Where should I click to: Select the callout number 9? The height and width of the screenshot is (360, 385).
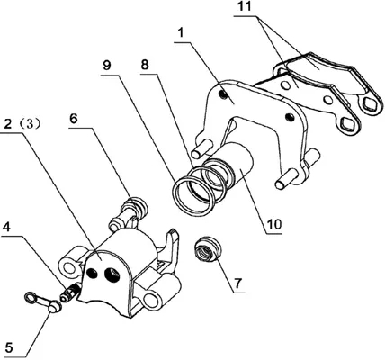(x=107, y=66)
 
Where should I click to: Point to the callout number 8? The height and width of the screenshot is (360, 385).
(x=145, y=64)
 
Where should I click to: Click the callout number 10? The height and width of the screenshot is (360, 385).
(x=273, y=224)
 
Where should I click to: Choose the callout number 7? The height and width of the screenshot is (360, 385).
(x=237, y=283)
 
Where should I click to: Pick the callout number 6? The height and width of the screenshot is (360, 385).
(x=74, y=119)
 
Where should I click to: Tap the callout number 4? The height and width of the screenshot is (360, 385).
(x=6, y=227)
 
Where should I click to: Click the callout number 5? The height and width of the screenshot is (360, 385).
(x=9, y=348)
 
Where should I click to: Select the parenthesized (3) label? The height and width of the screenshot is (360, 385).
(x=29, y=124)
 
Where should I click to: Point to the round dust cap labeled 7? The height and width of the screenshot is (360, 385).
(x=208, y=249)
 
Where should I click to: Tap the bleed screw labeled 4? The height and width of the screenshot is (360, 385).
(x=69, y=292)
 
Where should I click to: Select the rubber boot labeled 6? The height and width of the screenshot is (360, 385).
(x=129, y=211)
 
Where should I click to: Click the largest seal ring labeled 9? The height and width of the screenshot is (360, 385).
(x=192, y=196)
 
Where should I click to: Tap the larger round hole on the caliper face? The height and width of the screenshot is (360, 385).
(x=112, y=274)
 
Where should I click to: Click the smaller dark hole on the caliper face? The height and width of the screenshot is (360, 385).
(x=91, y=273)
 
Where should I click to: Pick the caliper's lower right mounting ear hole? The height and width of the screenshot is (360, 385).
(x=150, y=299)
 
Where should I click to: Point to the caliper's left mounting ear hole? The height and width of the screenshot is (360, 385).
(x=68, y=265)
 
